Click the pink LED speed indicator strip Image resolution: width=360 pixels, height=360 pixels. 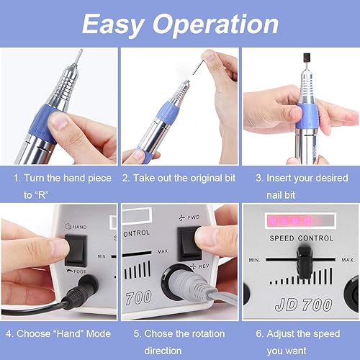(295, 218)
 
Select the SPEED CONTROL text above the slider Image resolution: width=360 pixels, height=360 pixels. (299, 238)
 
